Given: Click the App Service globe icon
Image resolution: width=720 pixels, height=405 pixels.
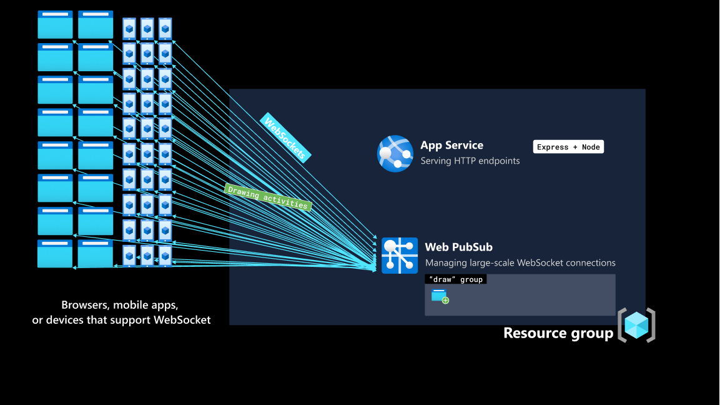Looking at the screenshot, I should pos(395,154).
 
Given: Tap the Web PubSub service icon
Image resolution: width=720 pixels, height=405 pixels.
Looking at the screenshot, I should pos(400,256).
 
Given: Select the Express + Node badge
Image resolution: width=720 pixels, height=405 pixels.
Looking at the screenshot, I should pos(568,147).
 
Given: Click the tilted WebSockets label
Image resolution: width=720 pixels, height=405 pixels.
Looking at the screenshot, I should pos(285,138).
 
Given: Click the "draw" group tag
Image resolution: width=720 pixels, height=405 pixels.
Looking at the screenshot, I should pos(456,279).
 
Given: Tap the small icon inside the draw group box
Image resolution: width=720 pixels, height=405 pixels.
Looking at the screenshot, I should pos(440,296).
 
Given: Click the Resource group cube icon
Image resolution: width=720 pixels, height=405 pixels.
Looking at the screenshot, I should pos(636,325).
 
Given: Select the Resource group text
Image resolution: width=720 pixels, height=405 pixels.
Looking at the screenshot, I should pos(558,333).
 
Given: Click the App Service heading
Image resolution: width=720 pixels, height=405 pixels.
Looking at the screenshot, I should pos(451,145).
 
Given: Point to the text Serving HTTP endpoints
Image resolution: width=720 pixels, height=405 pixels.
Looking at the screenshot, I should pos(470,161).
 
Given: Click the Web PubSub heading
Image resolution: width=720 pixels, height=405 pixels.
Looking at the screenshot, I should pos(458,247).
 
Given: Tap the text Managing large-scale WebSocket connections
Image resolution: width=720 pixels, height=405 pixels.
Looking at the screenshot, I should pos(520,262).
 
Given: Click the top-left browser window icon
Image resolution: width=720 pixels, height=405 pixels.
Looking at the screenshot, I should pos(55,24).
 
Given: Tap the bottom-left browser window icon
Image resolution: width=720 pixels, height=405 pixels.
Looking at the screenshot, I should pos(55,254).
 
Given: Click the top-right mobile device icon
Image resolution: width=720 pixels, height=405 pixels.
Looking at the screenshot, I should pos(165,28).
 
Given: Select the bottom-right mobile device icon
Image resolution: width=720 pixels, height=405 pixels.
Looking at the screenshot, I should pos(165,255).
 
